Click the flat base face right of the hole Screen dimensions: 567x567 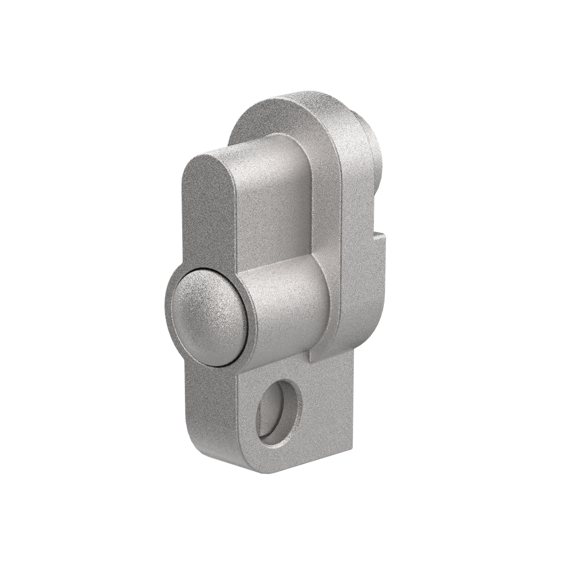pyautogui.click(x=327, y=404)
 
